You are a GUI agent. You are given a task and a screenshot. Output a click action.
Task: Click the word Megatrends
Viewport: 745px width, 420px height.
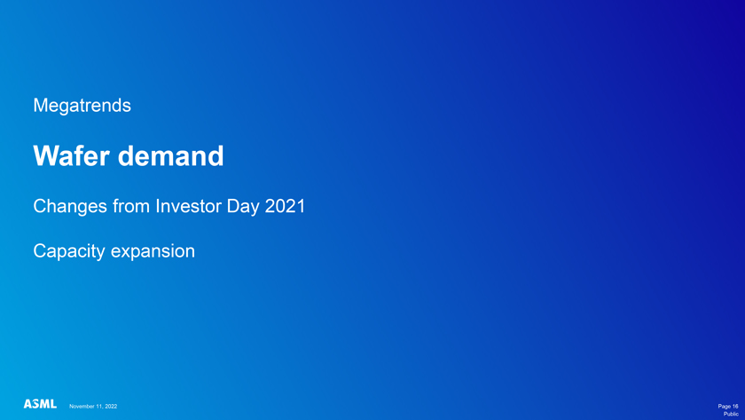[x=82, y=106]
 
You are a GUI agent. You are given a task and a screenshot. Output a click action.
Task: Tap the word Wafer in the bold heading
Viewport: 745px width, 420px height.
[x=71, y=155]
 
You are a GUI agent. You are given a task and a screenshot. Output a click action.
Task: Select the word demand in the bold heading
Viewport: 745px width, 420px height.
[x=170, y=155]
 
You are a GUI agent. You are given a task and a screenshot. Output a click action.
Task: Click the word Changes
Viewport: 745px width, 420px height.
[x=70, y=206]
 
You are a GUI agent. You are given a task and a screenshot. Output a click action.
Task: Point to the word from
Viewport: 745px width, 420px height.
[x=131, y=206]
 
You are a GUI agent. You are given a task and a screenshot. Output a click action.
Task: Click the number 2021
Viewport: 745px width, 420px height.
[x=285, y=206]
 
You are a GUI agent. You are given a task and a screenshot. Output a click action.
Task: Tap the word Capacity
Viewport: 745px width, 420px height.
[x=69, y=251]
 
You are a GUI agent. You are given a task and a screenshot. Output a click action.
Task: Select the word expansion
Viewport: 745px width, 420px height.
[x=153, y=251]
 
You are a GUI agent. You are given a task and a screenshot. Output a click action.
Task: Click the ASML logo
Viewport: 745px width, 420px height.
[x=41, y=404]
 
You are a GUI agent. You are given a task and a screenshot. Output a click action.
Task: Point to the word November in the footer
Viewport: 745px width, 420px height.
[x=82, y=406]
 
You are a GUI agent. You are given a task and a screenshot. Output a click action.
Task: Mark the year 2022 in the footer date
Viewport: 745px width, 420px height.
[x=111, y=406]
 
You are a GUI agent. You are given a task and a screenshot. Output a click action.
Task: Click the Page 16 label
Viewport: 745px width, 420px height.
[x=728, y=406]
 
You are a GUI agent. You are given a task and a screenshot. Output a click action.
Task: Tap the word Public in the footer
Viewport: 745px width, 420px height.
[x=731, y=414]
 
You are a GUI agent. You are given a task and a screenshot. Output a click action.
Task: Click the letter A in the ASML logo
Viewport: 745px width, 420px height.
[x=28, y=404]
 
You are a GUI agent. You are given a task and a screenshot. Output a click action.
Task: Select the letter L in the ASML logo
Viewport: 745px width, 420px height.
[x=54, y=404]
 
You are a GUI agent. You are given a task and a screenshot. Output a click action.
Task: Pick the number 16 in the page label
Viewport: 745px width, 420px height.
[x=735, y=406]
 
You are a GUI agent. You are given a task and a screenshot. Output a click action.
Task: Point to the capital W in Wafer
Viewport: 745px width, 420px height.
[x=43, y=155]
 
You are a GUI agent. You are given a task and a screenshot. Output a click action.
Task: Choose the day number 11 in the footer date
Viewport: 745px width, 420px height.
[x=98, y=406]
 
